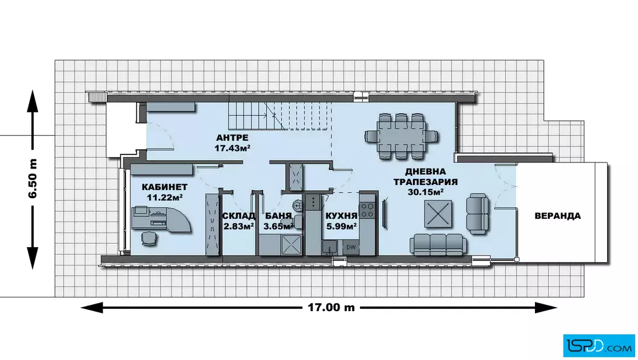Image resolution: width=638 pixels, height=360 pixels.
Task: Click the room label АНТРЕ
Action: (232, 137)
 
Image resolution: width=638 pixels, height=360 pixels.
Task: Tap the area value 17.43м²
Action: (232, 149)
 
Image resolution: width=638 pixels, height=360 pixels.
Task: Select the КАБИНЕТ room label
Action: (165, 187)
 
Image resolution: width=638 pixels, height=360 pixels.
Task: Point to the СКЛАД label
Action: (239, 215)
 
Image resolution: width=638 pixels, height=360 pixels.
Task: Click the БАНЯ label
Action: (279, 215)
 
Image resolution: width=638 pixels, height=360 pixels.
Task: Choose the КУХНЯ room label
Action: (341, 215)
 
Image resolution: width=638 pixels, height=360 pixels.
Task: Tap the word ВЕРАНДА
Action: (558, 215)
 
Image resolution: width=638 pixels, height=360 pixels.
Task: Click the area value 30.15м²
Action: (426, 192)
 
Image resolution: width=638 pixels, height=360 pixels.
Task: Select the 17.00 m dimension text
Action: (331, 307)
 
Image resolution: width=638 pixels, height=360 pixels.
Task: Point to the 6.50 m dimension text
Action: (32, 179)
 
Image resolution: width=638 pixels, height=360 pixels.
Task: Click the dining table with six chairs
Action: (402, 136)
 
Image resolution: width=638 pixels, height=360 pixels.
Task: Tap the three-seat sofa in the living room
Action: (438, 244)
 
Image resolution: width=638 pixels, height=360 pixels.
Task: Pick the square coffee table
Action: (438, 214)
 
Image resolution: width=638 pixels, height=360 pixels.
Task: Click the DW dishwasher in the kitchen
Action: (351, 247)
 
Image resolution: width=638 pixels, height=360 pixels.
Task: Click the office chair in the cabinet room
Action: (149, 238)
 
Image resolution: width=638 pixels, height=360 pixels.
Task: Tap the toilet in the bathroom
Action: (297, 205)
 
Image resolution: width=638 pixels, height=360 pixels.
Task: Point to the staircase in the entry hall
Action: (280, 116)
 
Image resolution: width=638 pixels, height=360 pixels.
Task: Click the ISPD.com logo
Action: (599, 346)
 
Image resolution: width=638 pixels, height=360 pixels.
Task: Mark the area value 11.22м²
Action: (165, 197)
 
